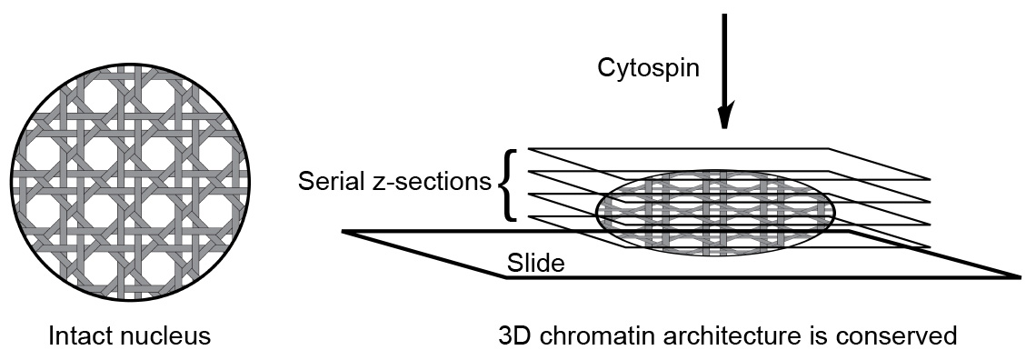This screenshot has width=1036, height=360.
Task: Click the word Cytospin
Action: tap(648, 68)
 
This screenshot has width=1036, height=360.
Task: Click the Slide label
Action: tap(536, 264)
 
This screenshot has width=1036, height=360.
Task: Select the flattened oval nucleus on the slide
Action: tap(715, 211)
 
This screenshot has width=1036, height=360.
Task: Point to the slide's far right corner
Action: tap(1021, 275)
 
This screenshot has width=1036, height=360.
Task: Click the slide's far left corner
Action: tap(344, 232)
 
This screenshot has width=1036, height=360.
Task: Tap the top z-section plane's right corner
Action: tap(930, 178)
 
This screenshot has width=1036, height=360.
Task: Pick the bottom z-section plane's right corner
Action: tap(930, 246)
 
